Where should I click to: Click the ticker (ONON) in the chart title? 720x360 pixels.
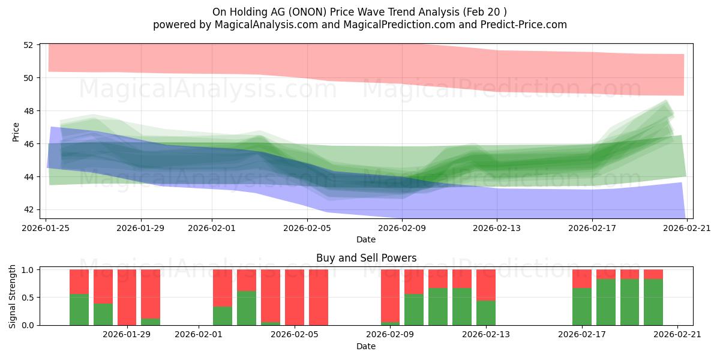pos(307,12)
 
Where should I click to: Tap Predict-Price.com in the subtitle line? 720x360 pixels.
pos(524,25)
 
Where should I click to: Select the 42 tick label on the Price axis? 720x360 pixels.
pos(28,209)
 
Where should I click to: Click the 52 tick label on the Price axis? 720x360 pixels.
pos(28,45)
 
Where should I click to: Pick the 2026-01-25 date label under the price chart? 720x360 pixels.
pos(46,228)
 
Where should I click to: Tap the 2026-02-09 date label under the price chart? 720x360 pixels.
pos(402,228)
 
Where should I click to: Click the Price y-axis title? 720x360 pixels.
pos(16,132)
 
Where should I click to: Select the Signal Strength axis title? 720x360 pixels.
pos(12,296)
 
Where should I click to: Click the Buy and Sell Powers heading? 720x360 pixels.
pos(367,258)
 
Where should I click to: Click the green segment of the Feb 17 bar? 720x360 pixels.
pos(582,307)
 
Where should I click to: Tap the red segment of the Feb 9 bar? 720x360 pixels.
pos(390,296)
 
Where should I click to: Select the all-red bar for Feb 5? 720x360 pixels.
pos(295,298)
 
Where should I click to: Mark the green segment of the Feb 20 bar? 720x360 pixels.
pos(653,302)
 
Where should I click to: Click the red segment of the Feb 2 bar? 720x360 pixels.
pos(223,288)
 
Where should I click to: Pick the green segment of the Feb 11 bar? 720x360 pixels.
pos(438,307)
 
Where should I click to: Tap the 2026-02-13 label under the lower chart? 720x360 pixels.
pos(485,334)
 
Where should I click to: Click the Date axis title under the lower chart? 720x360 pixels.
pos(366,346)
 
